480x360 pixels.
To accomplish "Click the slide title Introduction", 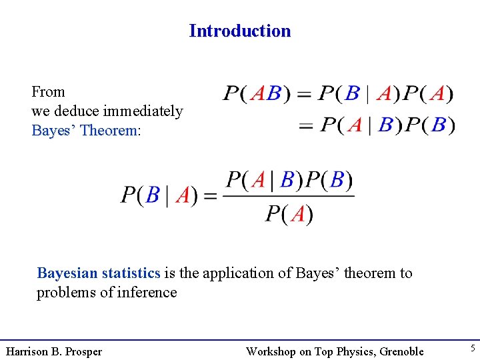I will (x=239, y=31).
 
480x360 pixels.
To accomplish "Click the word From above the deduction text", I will (x=48, y=92).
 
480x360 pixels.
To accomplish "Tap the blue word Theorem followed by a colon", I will (x=108, y=131).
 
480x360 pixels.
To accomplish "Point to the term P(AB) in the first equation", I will (x=256, y=94).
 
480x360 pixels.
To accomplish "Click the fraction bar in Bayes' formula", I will (x=289, y=196).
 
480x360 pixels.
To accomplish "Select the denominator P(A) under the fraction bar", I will (x=289, y=214).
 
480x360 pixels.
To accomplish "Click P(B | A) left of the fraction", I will (x=159, y=196).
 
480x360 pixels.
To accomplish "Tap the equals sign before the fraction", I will (x=210, y=196).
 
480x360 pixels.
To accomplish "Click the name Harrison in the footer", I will (x=27, y=351).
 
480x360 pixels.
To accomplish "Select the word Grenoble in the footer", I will (x=401, y=351).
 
